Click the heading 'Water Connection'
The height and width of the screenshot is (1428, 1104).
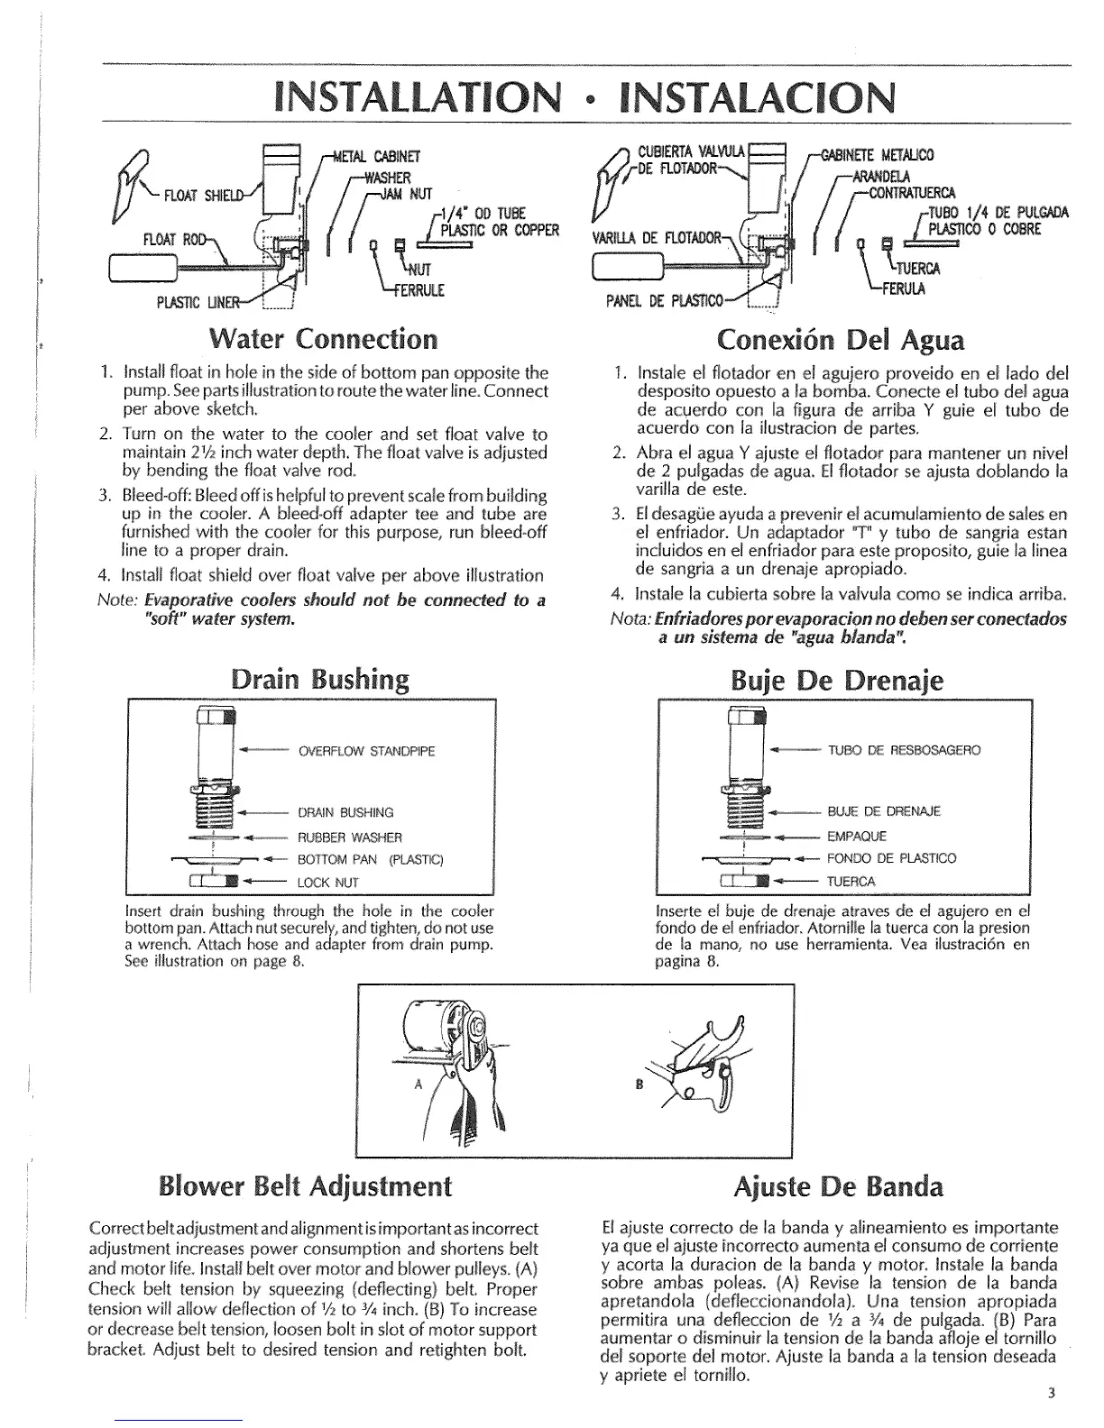point(322,340)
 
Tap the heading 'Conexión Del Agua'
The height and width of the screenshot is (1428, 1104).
point(840,340)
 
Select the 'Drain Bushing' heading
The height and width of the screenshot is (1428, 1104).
point(319,678)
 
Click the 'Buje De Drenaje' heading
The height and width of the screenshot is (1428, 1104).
point(839,678)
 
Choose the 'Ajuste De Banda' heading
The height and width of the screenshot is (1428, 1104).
point(839,1185)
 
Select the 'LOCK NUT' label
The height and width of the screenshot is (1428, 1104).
point(328,883)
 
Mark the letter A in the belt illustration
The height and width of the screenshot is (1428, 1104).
point(418,1085)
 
